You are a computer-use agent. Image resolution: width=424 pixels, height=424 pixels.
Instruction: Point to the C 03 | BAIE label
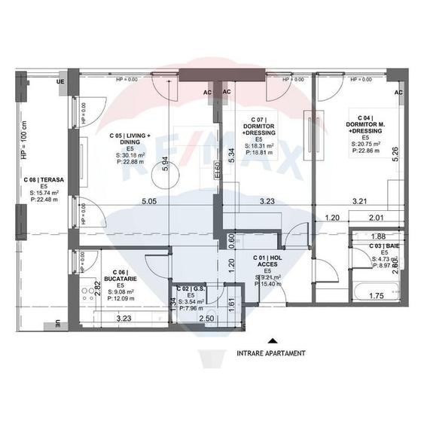tap(384, 247)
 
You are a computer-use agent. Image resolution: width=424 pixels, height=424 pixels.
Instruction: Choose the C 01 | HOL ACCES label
tap(267, 261)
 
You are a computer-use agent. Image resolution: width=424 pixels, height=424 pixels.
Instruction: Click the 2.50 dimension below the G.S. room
tap(206, 319)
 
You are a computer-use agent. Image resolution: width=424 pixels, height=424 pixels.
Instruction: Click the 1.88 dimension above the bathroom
tap(378, 236)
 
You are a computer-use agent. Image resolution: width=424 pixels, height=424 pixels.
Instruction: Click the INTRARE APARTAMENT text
tap(271, 352)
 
